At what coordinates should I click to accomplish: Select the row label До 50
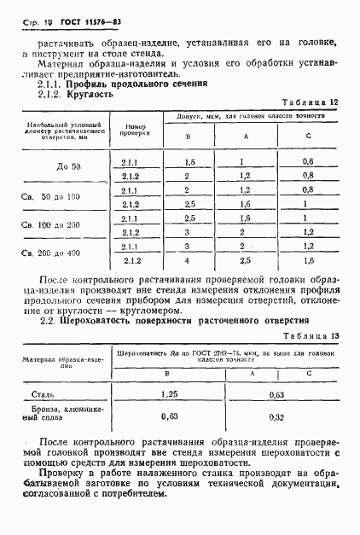[61, 168]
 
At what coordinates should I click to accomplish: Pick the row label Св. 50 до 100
[61, 197]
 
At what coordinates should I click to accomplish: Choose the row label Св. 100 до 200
[61, 225]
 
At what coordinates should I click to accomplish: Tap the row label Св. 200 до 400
[61, 253]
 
